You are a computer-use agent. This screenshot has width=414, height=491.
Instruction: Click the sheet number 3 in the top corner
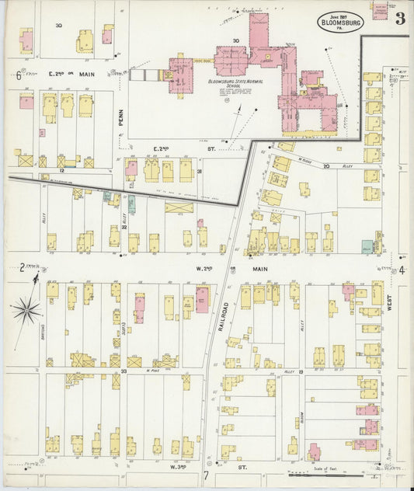point(399,19)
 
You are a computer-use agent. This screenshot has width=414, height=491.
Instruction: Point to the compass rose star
point(26,311)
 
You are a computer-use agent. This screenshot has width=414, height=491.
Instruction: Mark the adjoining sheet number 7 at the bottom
point(207,475)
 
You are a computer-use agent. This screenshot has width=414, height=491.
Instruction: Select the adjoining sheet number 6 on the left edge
point(17,75)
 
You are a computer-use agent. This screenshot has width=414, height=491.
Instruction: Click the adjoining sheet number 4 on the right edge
point(402,270)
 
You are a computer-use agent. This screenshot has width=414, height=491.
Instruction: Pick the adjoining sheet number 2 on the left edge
point(22,268)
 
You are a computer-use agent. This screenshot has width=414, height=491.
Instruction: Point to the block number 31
point(200,171)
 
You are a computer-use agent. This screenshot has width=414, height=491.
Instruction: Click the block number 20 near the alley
point(327,165)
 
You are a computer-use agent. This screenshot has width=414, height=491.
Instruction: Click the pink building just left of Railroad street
point(201,299)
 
